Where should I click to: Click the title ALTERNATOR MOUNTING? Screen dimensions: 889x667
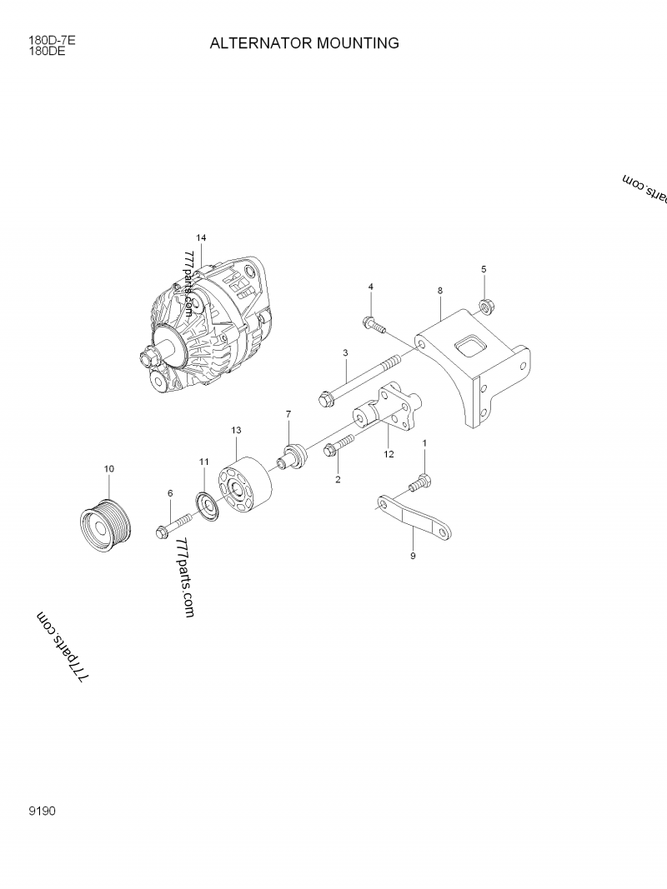(304, 42)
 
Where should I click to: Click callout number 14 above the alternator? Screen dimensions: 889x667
(201, 237)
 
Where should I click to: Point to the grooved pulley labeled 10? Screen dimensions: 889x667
(103, 524)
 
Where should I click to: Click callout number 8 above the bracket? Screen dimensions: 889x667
(440, 290)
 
